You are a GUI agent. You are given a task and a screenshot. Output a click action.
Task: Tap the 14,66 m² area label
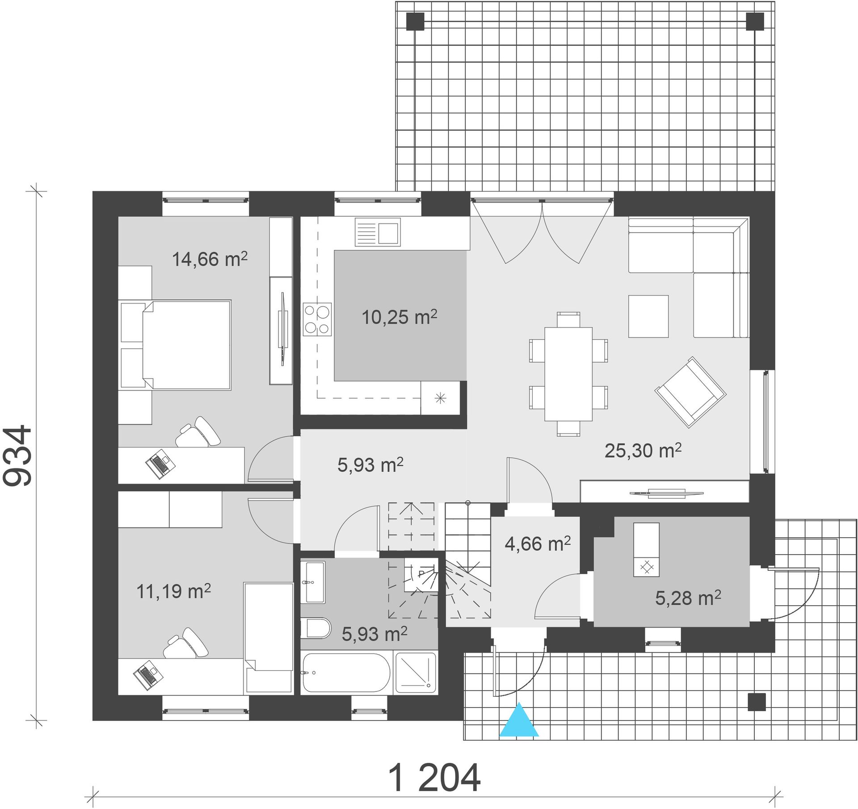210,259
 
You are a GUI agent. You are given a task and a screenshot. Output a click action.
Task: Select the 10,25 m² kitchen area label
399,317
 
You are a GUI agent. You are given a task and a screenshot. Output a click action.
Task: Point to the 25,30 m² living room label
643,450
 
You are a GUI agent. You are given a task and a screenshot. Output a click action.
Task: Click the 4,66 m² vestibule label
538,544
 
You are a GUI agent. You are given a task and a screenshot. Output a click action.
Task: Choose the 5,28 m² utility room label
688,598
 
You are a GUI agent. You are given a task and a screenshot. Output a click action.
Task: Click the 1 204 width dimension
435,778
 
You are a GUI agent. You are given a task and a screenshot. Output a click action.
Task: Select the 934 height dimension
18,456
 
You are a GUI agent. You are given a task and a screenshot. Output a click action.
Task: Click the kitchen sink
378,232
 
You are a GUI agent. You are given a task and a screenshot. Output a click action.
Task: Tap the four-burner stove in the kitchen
317,319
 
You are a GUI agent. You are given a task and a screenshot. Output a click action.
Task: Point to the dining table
568,374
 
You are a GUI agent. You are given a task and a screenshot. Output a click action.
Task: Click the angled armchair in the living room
690,392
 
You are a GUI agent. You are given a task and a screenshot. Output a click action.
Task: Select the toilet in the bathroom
315,628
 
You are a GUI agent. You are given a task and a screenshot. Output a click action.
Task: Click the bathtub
346,673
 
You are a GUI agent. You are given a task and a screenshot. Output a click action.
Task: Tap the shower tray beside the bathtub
416,673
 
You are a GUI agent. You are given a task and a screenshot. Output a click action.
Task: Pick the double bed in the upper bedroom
176,345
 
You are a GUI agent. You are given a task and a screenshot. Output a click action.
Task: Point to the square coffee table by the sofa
648,316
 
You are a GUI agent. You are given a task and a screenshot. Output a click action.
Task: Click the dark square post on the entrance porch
757,702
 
